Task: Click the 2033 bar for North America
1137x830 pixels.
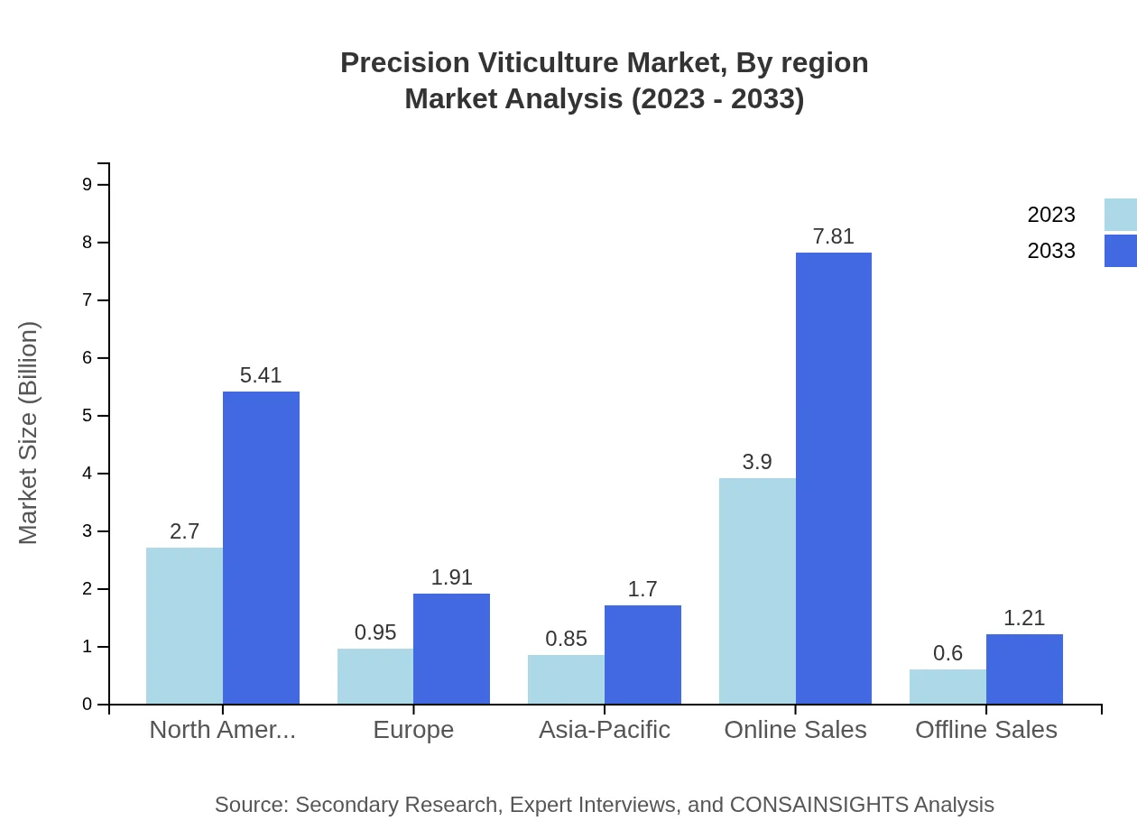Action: tap(261, 548)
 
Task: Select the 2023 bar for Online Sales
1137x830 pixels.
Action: tap(757, 591)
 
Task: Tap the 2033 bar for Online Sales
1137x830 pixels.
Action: tap(834, 478)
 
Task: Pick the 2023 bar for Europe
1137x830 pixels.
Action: tap(375, 676)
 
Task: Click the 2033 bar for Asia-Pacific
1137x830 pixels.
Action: tap(642, 654)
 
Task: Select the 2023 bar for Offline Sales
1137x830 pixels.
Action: tap(947, 686)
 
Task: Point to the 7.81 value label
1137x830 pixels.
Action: tap(833, 236)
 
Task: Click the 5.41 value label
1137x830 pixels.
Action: tap(261, 375)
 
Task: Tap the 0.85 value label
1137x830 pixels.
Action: tap(566, 639)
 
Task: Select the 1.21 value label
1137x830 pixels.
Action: tap(1024, 618)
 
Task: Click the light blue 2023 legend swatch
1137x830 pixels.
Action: tap(1120, 215)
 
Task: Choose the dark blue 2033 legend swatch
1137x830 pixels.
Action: tap(1120, 251)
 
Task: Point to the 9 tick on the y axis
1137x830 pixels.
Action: tap(87, 184)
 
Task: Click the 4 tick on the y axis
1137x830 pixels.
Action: tap(87, 474)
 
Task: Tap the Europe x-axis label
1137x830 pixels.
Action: tap(413, 730)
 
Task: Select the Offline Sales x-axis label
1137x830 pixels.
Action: tap(985, 730)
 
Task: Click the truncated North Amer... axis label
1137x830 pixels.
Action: tap(222, 730)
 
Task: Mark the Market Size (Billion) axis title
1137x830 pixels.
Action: tap(28, 433)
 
